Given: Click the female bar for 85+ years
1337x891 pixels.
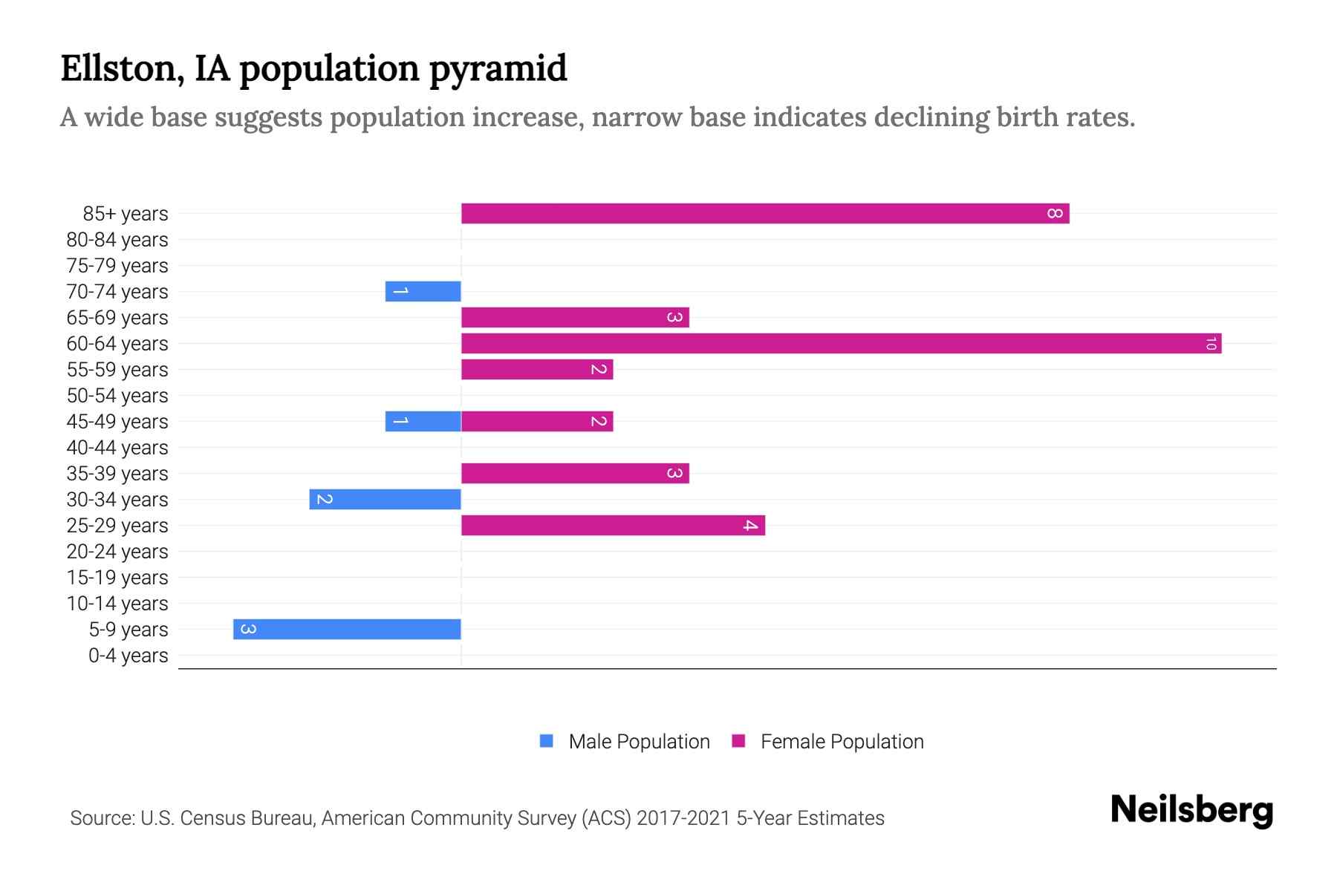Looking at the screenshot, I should pyautogui.click(x=765, y=214).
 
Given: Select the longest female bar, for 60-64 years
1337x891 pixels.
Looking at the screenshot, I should pyautogui.click(x=841, y=344).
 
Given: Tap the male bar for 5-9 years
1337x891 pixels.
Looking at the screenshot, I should pyautogui.click(x=347, y=630).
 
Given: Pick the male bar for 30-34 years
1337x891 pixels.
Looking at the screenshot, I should pyautogui.click(x=385, y=500).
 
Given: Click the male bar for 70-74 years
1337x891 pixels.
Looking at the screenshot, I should pyautogui.click(x=423, y=292).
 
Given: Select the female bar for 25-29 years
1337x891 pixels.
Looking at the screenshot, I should pyautogui.click(x=613, y=526).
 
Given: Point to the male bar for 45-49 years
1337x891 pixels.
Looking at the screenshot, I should pyautogui.click(x=423, y=422).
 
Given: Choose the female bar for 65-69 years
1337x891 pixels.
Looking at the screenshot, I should pyautogui.click(x=575, y=318).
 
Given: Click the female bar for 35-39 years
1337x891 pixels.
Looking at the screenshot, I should pyautogui.click(x=575, y=474).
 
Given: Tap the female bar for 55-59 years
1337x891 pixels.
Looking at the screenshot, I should pyautogui.click(x=537, y=370).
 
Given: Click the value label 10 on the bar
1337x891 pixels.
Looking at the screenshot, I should pyautogui.click(x=1211, y=344).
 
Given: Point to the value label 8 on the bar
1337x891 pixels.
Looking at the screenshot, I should pyautogui.click(x=1055, y=214).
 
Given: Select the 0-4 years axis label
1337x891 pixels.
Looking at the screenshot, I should pyautogui.click(x=128, y=656).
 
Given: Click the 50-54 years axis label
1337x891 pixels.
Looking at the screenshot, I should pyautogui.click(x=117, y=396).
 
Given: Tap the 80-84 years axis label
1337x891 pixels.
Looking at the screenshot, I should pyautogui.click(x=117, y=240).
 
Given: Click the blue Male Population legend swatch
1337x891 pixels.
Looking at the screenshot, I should pyautogui.click(x=547, y=741).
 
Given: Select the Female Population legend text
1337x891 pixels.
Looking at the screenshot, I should pyautogui.click(x=842, y=742).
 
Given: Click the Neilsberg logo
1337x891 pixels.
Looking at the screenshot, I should pyautogui.click(x=1191, y=810).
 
